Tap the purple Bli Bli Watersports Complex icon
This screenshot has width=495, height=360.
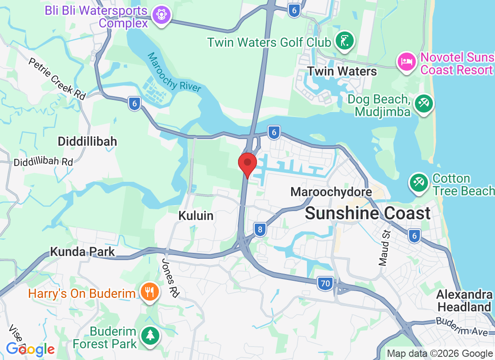click(x=161, y=15)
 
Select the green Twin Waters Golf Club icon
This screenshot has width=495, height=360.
click(x=345, y=42)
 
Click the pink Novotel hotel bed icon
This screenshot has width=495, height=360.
click(x=407, y=62)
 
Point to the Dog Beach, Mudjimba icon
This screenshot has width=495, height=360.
click(x=424, y=103)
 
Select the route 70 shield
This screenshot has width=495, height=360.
click(x=324, y=283)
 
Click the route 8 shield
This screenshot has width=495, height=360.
click(x=259, y=229)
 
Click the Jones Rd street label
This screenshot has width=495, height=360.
click(x=171, y=278)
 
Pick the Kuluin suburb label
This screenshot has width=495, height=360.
click(x=196, y=216)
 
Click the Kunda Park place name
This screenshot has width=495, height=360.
click(x=82, y=251)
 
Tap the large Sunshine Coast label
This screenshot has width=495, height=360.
click(x=368, y=213)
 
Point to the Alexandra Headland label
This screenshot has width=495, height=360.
click(x=464, y=301)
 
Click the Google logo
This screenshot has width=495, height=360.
click(x=30, y=349)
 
